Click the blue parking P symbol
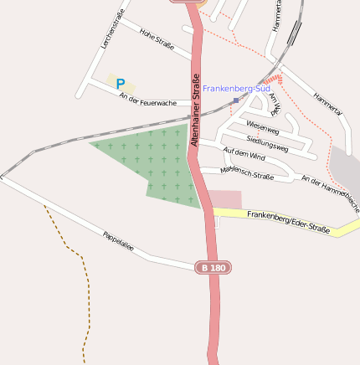(x=121, y=84)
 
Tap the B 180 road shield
(x=213, y=268)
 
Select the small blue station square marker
(x=236, y=100)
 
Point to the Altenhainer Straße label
(x=195, y=111)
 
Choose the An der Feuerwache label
(x=147, y=100)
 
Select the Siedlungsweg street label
(x=267, y=142)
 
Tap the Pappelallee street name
(x=118, y=242)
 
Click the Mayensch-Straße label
(x=247, y=173)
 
